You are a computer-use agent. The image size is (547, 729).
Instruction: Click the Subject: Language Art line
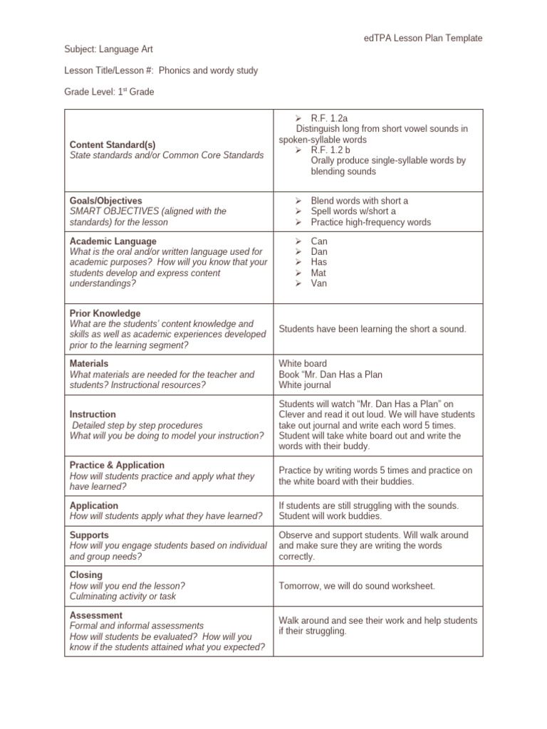[108, 49]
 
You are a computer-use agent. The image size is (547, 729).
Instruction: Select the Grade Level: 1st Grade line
[109, 92]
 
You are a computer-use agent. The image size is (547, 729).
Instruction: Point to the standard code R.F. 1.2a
[329, 118]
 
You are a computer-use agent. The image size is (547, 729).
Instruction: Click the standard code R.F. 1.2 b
[330, 150]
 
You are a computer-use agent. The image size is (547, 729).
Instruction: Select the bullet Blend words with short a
[359, 201]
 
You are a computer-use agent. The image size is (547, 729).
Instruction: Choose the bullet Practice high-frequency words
[370, 222]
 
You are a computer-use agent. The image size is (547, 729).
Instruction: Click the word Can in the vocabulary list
[319, 241]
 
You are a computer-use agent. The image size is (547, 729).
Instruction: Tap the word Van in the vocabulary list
[319, 283]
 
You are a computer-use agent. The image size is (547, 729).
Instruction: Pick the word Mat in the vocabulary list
[318, 273]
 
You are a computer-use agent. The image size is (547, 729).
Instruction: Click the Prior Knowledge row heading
[105, 313]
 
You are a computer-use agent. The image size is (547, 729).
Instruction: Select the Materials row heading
[89, 364]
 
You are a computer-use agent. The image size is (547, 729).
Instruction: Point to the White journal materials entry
[305, 385]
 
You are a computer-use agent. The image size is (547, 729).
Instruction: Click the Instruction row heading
[93, 414]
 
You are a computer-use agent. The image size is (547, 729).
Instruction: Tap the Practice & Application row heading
[117, 465]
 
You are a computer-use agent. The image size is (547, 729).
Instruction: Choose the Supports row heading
[88, 535]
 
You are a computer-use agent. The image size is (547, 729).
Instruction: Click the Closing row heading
[86, 575]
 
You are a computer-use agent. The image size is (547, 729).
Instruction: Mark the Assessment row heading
[96, 615]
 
